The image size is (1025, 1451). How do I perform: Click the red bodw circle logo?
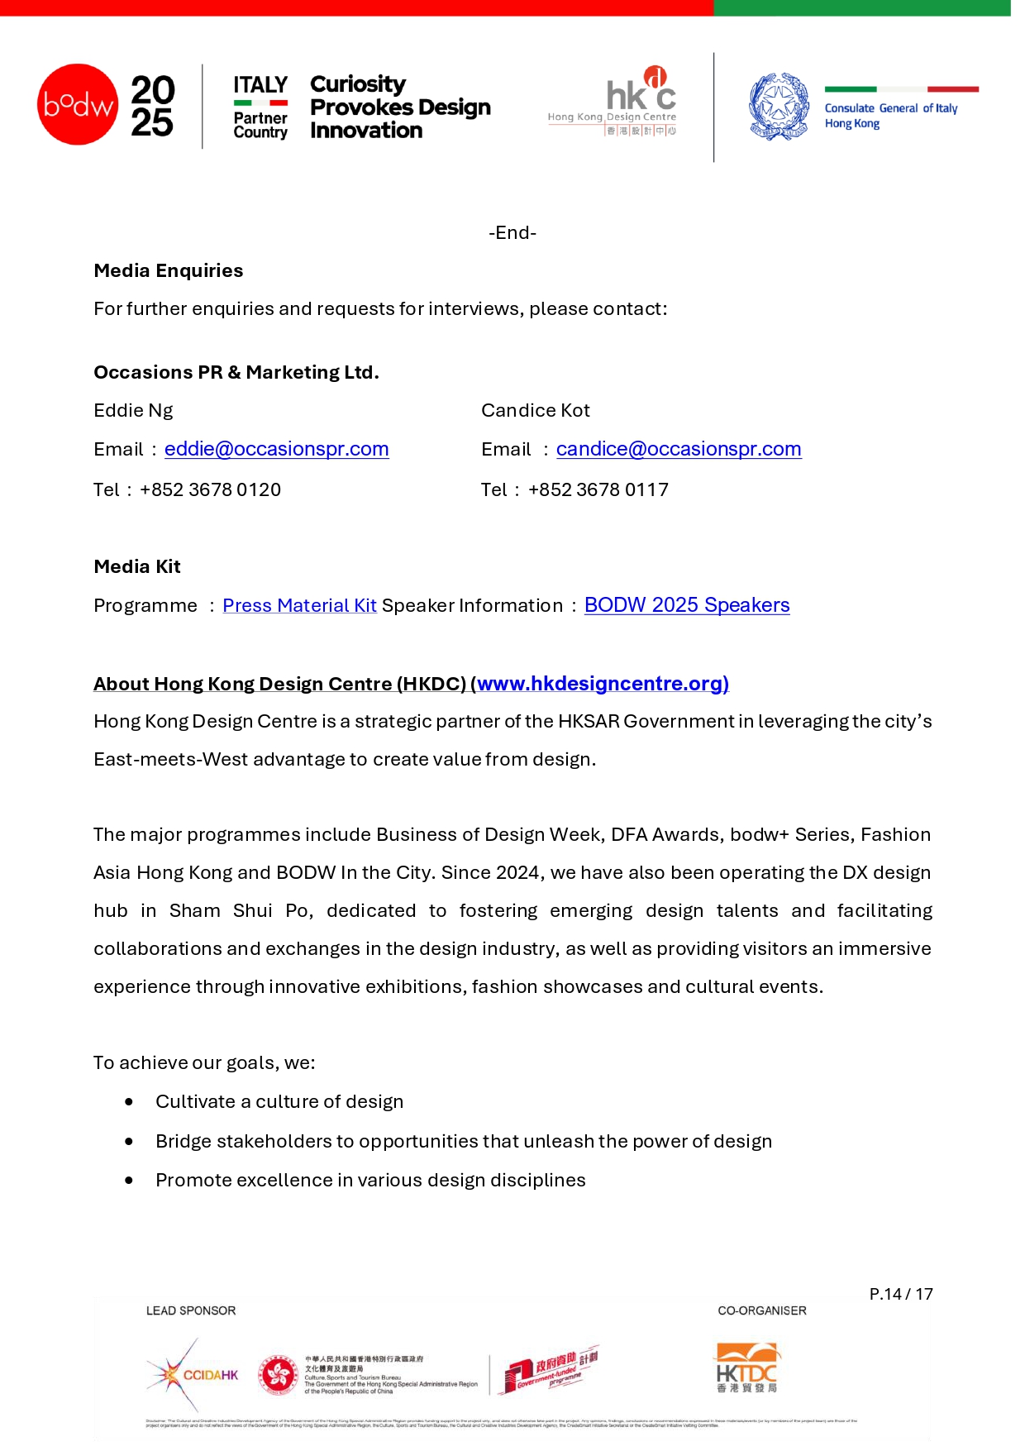coord(78,104)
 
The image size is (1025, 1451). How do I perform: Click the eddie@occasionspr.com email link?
coord(276,449)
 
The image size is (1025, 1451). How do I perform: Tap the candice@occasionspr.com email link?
coord(678,449)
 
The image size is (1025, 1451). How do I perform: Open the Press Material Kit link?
coord(299,605)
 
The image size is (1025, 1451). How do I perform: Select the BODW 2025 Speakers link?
coord(686,605)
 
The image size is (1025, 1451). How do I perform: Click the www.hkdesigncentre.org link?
coord(602,684)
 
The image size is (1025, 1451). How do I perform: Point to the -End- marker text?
coord(512,233)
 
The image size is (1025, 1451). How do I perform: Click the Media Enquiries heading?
coord(169,271)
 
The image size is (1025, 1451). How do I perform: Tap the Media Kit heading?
coord(137,567)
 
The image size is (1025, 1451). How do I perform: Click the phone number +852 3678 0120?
coord(211,490)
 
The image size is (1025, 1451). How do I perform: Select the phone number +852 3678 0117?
coord(598,490)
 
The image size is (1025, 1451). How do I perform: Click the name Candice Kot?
coord(536,411)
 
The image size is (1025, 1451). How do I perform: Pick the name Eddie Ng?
coord(133,411)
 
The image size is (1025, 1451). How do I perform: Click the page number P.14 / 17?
coord(900,1295)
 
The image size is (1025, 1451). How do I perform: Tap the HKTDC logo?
coord(747,1368)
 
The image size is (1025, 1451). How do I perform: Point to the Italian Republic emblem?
coord(779,107)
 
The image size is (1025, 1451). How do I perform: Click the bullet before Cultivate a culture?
coord(129,1102)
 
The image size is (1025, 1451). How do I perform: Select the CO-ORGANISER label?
coord(761,1311)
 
